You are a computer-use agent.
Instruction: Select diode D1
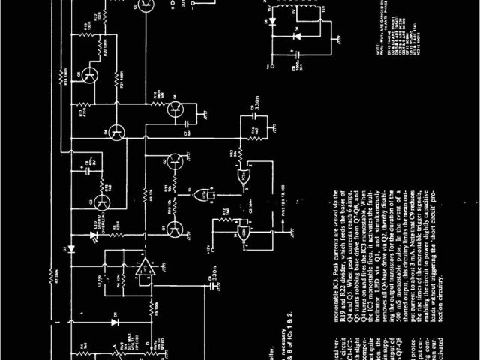[x=115, y=321]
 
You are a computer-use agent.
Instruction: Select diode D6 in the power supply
[x=297, y=34]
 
